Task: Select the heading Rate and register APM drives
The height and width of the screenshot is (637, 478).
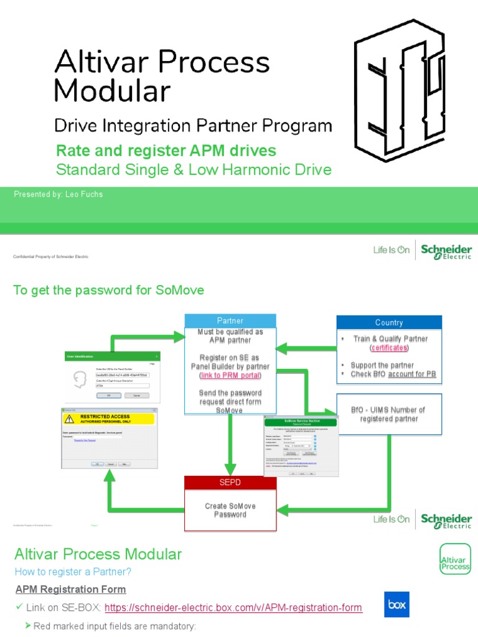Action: click(166, 151)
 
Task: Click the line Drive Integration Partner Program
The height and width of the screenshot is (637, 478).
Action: click(193, 126)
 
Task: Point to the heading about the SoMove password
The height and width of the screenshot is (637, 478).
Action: click(108, 291)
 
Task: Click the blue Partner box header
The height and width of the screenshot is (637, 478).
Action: click(230, 321)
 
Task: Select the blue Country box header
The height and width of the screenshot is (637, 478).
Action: click(389, 322)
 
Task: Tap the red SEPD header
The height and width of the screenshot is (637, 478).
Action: click(230, 483)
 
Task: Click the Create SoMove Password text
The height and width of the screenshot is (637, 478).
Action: click(230, 510)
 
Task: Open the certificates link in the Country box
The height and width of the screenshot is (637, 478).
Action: click(389, 348)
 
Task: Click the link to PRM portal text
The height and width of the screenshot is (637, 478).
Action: click(230, 376)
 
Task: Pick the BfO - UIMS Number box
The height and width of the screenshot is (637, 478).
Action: click(389, 414)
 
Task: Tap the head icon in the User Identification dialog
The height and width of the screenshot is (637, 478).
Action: click(80, 379)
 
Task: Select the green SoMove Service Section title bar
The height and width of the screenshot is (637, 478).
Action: click(301, 422)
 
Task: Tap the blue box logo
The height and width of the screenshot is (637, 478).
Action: click(396, 604)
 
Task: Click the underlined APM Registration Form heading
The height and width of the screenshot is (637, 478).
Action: click(70, 589)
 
